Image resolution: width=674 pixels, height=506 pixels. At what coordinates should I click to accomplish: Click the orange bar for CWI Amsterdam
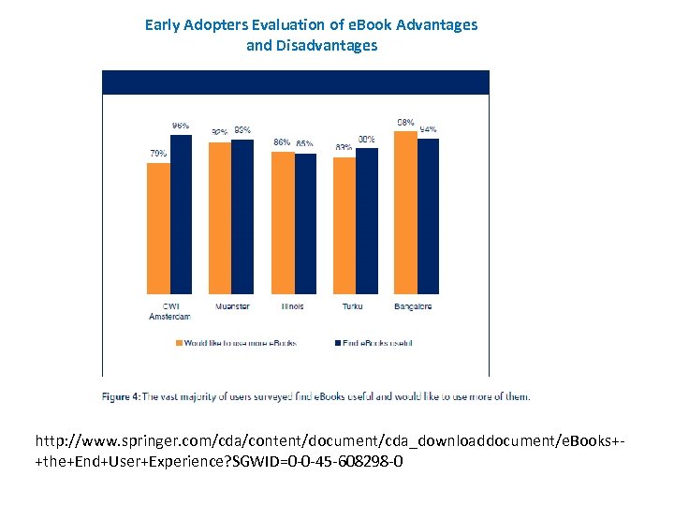coord(158,229)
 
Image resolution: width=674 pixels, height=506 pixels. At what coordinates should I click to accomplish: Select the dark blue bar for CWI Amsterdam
coord(181,215)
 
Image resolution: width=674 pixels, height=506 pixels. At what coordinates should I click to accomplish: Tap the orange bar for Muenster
coord(220,218)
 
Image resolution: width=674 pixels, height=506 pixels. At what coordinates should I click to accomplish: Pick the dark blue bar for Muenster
coord(242,216)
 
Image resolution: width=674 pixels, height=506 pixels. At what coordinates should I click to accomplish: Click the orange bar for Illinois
coord(283,223)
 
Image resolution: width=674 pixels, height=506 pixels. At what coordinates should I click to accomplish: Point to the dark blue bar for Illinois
coord(305,224)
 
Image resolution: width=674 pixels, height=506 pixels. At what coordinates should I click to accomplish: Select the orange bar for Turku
coord(344,226)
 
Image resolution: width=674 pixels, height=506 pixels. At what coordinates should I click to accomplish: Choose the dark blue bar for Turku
coord(367,221)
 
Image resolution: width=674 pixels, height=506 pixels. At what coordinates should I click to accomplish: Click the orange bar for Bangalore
coord(405,213)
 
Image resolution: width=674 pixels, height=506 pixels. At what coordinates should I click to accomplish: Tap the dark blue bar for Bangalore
coord(428,216)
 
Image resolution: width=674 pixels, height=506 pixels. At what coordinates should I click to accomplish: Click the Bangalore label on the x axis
coord(414,306)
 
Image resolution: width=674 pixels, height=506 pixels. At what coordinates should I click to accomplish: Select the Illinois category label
coord(293,306)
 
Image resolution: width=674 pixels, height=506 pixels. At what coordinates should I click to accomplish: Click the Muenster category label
coord(231,306)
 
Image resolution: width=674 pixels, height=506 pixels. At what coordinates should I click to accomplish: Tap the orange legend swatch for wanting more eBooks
coord(180,343)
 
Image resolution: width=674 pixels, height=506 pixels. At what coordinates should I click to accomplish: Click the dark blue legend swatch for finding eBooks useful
coord(336,343)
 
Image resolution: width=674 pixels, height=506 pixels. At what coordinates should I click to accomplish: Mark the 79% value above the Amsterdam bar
coord(158,154)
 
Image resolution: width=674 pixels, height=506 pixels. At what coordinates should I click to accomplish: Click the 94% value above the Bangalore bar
coord(429,129)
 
